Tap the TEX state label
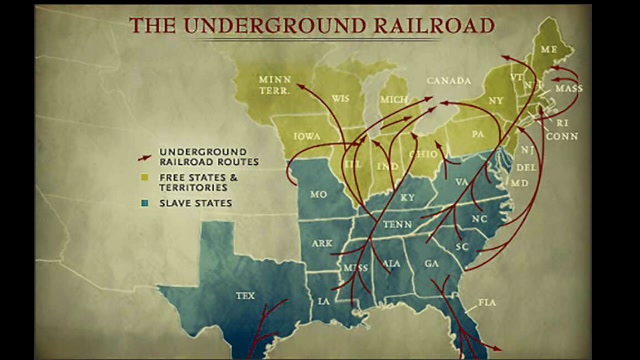[246, 296]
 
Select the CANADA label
[448, 80]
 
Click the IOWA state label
[307, 134]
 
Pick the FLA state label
[487, 301]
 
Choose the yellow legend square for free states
[144, 177]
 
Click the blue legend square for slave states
[144, 203]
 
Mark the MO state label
[319, 194]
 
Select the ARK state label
[322, 243]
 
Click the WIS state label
[340, 99]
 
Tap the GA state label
[431, 263]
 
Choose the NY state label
[496, 100]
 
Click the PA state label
[477, 132]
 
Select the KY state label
[407, 198]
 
